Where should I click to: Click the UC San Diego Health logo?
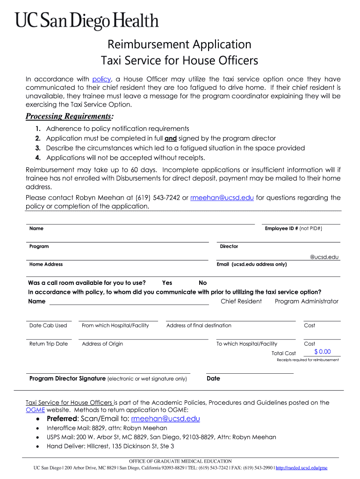(x=87, y=21)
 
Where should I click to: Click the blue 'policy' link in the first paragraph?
(x=101, y=79)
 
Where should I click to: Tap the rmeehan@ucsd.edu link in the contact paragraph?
(x=222, y=198)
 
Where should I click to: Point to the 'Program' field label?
(x=39, y=247)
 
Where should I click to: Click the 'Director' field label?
(x=229, y=247)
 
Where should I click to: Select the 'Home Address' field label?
(x=46, y=264)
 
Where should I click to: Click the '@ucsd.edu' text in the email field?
(x=324, y=257)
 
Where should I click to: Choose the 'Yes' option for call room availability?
(x=167, y=283)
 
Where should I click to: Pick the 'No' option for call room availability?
(x=202, y=283)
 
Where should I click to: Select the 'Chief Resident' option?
(x=241, y=301)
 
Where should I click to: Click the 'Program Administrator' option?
(x=306, y=301)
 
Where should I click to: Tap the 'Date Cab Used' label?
(x=48, y=326)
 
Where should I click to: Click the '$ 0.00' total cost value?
(x=322, y=352)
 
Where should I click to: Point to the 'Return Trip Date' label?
(x=49, y=344)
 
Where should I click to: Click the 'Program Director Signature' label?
(x=67, y=378)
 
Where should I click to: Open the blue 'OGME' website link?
(x=35, y=409)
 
